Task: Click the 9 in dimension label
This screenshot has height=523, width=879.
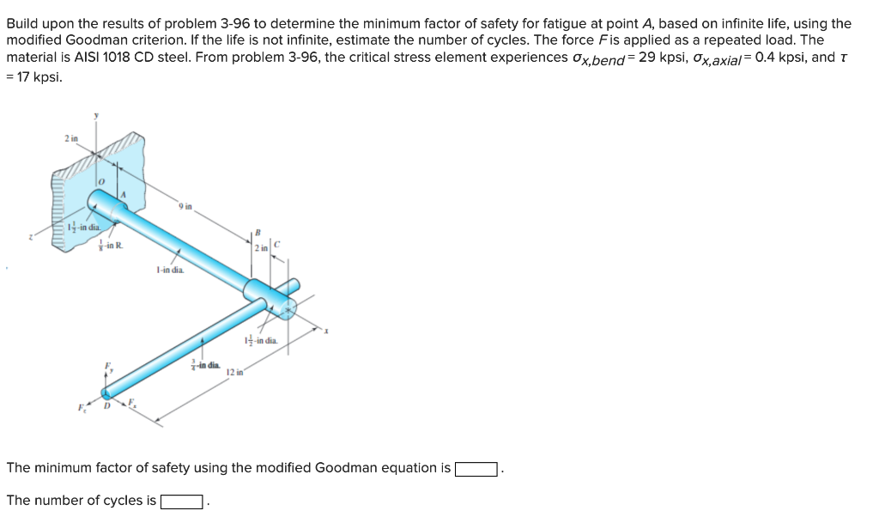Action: point(185,205)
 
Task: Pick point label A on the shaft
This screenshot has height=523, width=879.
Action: point(123,195)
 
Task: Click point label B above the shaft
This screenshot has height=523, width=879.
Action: point(256,231)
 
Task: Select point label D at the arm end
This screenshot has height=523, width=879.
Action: point(107,406)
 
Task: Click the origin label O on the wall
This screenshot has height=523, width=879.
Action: point(100,182)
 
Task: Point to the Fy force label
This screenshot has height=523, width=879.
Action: point(108,367)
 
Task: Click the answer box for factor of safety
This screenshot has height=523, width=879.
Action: point(476,469)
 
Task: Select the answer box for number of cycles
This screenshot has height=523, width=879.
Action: point(182,502)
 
